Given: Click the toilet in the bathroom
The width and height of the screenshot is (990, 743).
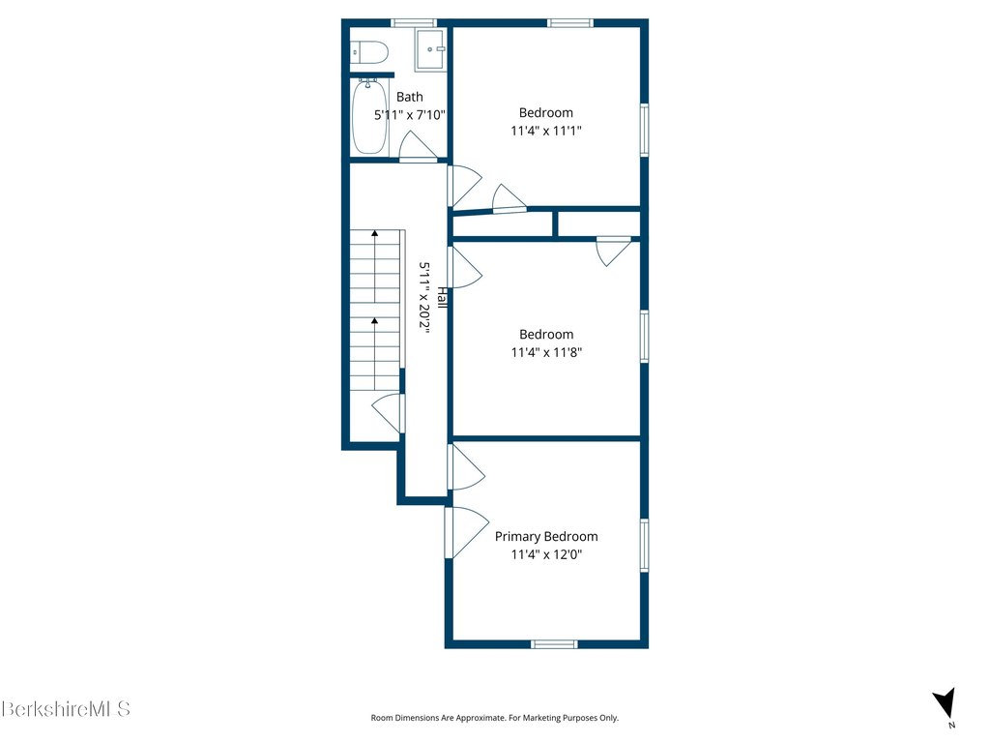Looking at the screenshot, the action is point(368,52).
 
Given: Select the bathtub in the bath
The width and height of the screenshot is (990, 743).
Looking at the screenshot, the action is point(369,116).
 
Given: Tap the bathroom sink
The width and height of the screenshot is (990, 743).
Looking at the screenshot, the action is point(430,49).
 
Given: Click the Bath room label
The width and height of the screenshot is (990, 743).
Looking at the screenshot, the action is point(410,97).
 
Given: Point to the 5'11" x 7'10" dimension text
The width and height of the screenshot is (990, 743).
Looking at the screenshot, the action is point(410,115).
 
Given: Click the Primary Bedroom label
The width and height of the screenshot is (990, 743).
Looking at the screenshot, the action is point(546,536).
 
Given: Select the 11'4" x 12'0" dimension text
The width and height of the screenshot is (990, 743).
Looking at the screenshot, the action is point(546,554).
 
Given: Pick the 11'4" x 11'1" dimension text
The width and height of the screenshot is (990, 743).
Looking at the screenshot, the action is point(546,131).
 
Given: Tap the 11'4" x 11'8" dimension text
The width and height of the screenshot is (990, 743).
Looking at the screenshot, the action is point(546,352).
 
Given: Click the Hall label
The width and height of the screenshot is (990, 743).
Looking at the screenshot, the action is point(443,298).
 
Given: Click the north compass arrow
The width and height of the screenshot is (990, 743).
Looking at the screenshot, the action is point(946,702).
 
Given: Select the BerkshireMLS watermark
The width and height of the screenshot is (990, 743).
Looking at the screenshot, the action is point(66,709).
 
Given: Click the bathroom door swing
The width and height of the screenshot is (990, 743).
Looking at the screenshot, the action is point(418,146).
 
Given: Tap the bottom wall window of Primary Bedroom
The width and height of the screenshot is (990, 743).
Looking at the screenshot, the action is point(554,643).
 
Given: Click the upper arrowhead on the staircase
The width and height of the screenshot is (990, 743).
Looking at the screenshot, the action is point(374,233).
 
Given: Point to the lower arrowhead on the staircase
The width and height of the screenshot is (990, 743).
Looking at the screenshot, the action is point(374,321).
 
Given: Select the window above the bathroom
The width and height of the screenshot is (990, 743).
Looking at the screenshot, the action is point(414,23).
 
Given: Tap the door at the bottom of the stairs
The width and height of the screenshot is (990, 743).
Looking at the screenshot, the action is point(387,413).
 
